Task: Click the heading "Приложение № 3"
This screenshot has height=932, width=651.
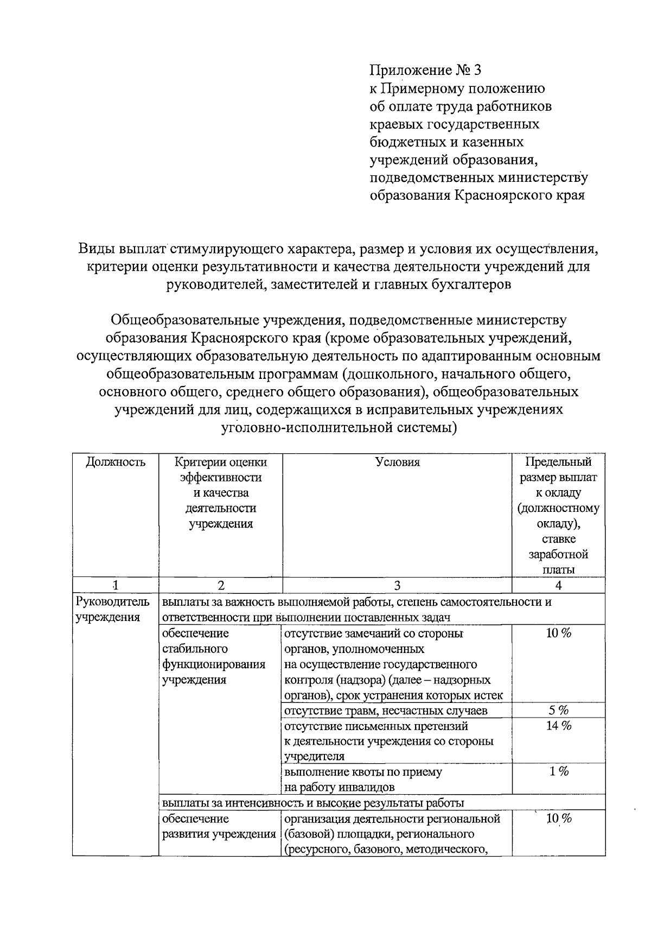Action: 425,71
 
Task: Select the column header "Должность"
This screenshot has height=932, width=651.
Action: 116,462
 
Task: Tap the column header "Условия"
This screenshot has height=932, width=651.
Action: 397,462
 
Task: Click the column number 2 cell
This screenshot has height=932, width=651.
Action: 220,585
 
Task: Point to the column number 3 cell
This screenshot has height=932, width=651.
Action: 397,585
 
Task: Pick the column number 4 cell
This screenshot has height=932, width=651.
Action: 558,585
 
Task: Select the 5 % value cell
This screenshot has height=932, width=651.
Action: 558,711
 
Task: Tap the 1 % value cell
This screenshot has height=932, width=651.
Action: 558,771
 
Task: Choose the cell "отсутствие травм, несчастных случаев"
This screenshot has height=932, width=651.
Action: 385,711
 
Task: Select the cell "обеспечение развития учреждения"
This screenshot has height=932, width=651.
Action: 219,826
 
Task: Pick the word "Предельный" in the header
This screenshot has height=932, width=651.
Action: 558,462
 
